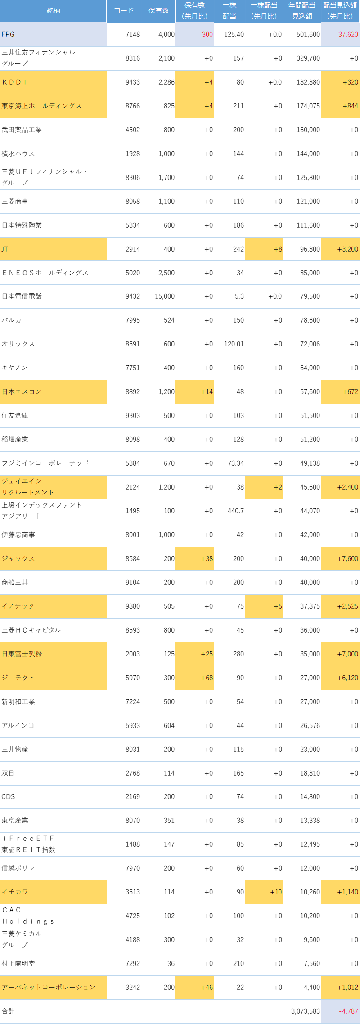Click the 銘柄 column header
(54, 11)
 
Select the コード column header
(124, 11)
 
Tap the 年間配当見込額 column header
(302, 11)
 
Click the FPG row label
(9, 35)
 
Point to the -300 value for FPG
(206, 35)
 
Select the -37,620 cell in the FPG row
(346, 35)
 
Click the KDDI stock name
(14, 82)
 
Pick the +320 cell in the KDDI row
(350, 82)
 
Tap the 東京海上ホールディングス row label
(41, 106)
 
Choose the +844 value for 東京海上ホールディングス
(350, 106)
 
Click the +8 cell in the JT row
(278, 249)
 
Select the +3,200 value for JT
(347, 249)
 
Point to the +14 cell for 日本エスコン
(207, 392)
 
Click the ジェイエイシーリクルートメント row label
(28, 487)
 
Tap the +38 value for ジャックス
(207, 559)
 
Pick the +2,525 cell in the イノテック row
(347, 606)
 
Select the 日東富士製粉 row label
(22, 654)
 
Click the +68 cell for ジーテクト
(207, 678)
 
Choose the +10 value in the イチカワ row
(276, 892)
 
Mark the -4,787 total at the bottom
(349, 1011)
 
